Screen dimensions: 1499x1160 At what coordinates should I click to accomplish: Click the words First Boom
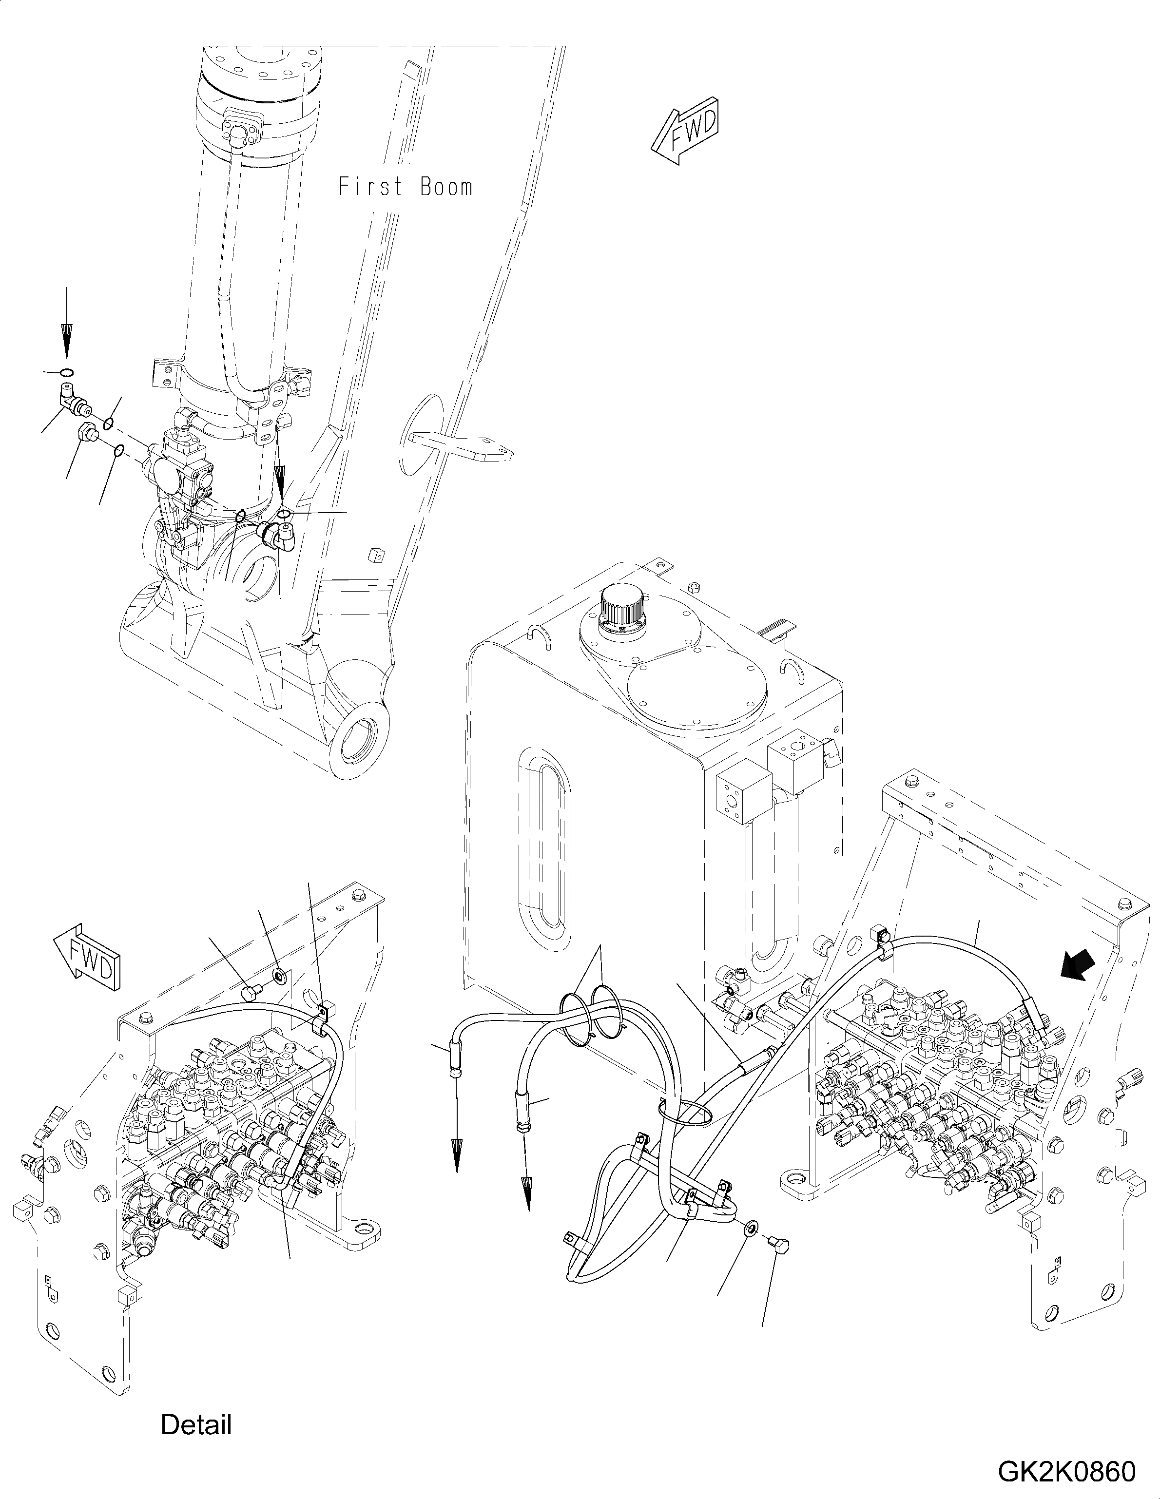click(x=406, y=187)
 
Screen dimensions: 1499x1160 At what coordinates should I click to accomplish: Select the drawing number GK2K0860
click(x=1066, y=1472)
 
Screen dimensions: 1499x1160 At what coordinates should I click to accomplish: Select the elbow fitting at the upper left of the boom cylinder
click(x=70, y=400)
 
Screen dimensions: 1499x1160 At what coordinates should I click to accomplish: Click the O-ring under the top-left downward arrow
click(x=67, y=373)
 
